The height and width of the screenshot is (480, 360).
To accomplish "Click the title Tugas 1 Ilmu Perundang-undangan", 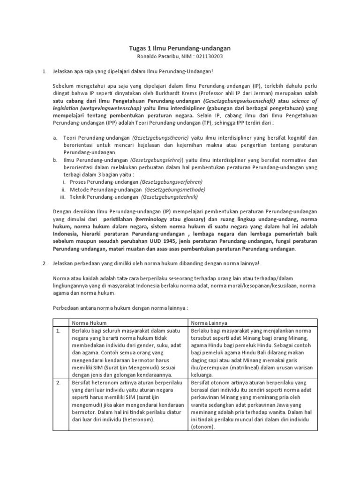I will tap(180, 48).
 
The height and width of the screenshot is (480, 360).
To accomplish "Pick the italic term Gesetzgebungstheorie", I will tap(160, 138).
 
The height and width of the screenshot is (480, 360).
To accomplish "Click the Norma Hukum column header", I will tap(89, 322).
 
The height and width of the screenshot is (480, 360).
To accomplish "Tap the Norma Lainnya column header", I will tap(209, 322).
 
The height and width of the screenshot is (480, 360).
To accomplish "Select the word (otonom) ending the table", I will tap(202, 427).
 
